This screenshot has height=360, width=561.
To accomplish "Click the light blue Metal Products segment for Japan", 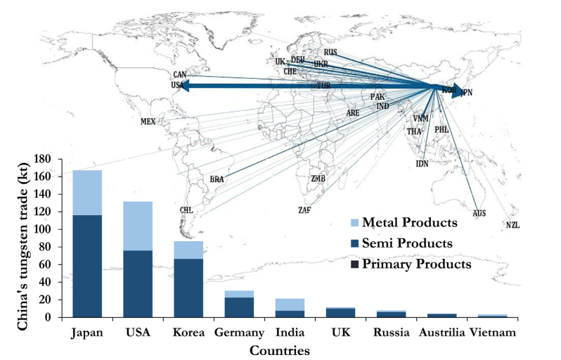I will (87, 192).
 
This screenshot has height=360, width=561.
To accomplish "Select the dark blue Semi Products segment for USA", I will (138, 283).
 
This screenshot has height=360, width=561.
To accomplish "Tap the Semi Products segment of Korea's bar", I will (188, 287).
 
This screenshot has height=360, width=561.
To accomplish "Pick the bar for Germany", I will (240, 306).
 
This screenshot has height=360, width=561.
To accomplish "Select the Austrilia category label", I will (441, 331).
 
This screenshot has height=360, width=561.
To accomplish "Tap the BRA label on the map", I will (217, 179).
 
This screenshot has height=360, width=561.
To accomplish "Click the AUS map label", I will (479, 212).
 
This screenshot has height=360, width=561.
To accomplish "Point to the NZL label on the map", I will (512, 225).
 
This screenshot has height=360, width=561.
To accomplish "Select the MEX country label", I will (148, 122).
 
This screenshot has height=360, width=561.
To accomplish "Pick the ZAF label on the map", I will (304, 210).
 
